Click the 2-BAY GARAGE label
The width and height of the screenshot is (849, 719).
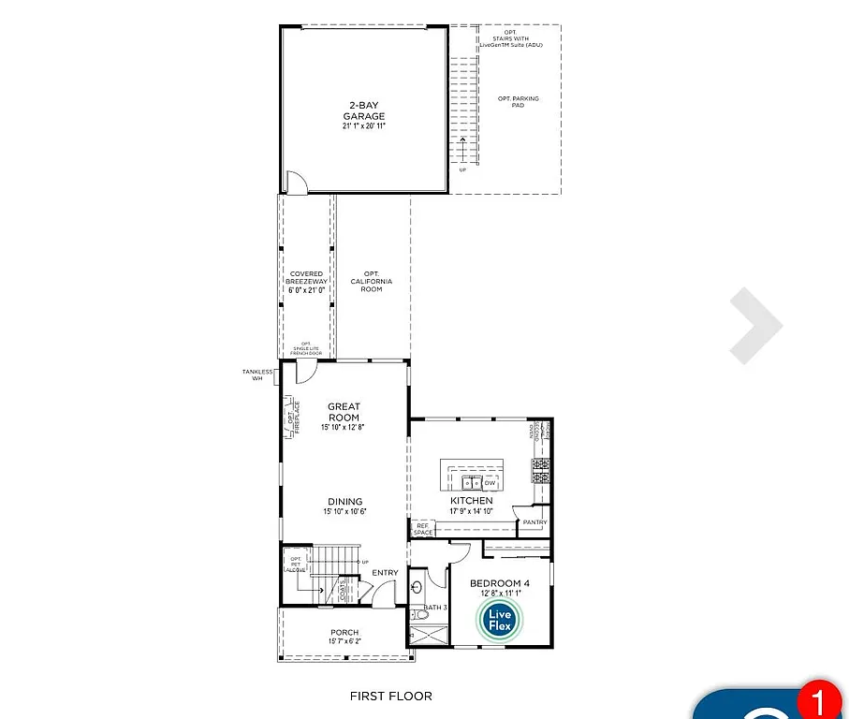point(363,111)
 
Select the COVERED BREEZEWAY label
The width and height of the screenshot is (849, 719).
point(306,279)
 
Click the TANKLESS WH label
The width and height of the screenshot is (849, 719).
point(257,375)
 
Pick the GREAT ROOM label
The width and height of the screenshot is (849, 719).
point(344,412)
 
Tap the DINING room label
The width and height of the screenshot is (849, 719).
point(343,502)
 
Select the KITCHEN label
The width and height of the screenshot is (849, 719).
point(471,501)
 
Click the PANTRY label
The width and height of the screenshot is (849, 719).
point(535,522)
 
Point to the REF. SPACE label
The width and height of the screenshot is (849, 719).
point(424,529)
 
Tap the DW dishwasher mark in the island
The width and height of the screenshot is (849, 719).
point(490,483)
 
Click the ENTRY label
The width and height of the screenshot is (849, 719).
point(385,573)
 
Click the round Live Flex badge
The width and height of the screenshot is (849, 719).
point(499,618)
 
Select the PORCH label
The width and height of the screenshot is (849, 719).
point(344,633)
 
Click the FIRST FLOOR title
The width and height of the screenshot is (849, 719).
point(390,696)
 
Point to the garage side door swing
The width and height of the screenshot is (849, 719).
point(294,182)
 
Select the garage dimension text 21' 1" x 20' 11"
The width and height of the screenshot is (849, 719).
point(363,125)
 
